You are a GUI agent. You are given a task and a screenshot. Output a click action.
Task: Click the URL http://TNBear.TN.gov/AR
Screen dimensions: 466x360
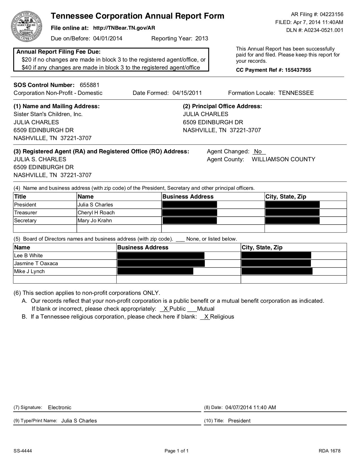124,28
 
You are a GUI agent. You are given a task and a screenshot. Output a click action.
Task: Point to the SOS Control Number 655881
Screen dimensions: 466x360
90,85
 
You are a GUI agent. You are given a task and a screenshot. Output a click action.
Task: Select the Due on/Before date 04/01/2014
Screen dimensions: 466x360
108,38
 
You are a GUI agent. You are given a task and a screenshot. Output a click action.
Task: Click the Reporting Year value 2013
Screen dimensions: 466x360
202,38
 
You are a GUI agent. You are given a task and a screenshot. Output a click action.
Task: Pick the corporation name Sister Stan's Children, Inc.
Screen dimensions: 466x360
48,114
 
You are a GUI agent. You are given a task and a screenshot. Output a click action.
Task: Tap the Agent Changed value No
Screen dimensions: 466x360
258,151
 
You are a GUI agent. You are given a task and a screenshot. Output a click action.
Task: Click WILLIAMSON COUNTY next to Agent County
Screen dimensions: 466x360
283,159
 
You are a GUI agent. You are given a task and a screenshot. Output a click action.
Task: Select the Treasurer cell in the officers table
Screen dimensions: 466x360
26,213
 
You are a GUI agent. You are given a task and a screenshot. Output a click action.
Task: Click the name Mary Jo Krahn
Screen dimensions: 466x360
95,221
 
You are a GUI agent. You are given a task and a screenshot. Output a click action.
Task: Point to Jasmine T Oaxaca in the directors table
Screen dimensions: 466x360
36,264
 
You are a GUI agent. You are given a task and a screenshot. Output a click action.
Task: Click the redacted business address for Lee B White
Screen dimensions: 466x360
160,256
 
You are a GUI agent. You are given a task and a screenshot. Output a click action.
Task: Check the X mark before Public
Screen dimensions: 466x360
165,309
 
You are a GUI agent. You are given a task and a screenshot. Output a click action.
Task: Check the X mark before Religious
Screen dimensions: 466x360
206,317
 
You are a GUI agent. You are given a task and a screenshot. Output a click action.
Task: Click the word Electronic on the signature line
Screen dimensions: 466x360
60,407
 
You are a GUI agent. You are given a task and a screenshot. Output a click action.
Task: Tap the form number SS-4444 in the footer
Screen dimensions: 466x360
23,451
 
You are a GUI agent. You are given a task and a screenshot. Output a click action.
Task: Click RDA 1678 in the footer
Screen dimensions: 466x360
330,451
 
